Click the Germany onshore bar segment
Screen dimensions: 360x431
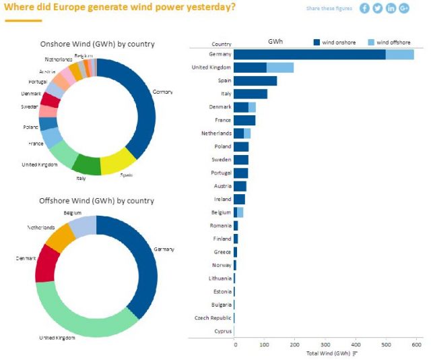coord(310,55)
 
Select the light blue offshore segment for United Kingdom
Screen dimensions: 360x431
coord(279,67)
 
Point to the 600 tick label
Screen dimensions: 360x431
coord(416,344)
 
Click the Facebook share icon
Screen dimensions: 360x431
coord(364,8)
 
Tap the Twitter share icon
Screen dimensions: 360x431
coord(377,8)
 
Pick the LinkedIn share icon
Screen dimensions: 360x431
coord(391,8)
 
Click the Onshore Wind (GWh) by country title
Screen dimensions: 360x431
coord(97,44)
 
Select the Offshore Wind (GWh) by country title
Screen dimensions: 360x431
coord(96,201)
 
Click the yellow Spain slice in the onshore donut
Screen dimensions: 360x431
coord(117,161)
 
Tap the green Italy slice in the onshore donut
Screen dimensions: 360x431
coord(86,165)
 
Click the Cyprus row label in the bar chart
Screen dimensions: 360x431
coord(222,331)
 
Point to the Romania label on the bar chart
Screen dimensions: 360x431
coord(220,226)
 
